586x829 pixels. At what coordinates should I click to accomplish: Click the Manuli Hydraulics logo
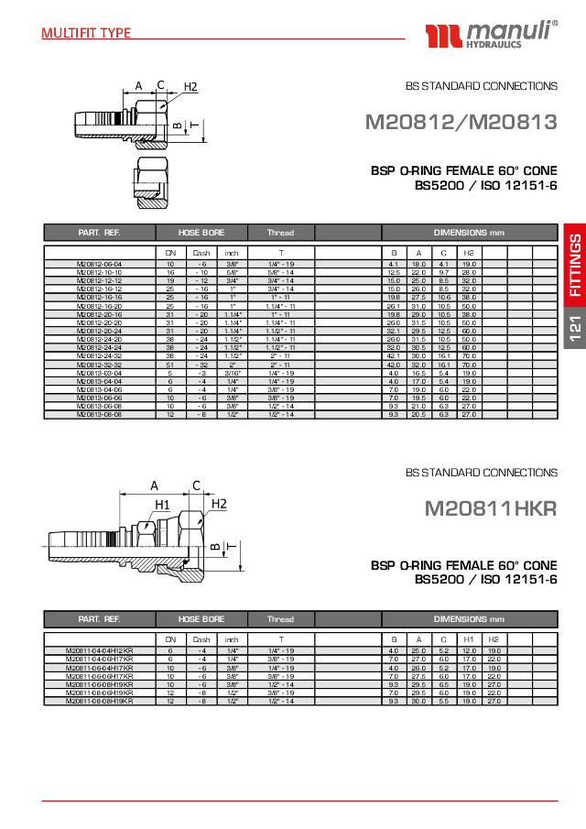[x=492, y=36]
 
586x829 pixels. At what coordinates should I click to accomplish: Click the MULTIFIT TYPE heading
[x=86, y=33]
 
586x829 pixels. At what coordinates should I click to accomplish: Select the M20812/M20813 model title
[x=461, y=122]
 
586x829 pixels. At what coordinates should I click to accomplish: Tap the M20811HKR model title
[x=490, y=508]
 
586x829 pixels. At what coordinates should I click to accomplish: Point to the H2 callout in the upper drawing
[x=190, y=87]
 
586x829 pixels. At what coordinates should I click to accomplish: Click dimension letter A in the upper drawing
[x=139, y=85]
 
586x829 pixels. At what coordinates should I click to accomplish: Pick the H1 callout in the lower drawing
[x=163, y=504]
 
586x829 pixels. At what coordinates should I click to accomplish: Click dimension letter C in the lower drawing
[x=196, y=485]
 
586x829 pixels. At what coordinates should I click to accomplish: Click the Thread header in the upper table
[x=280, y=233]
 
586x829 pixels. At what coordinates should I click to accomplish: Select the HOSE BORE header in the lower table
[x=201, y=619]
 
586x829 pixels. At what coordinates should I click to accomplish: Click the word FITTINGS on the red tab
[x=573, y=266]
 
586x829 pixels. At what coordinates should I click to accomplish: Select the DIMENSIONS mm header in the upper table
[x=469, y=233]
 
